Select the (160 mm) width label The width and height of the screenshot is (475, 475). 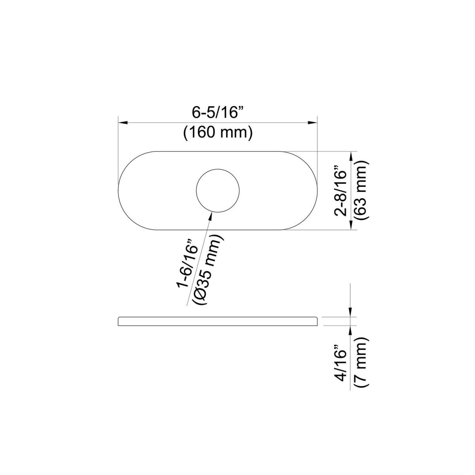point(218,133)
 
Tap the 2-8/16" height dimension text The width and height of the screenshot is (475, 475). point(341,190)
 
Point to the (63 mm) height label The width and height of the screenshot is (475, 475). point(361,190)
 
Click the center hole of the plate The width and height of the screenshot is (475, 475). point(218,191)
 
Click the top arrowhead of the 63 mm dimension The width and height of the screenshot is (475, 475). point(350,156)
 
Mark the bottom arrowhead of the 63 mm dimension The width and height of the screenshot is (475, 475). point(350,225)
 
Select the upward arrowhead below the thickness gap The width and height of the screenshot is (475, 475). point(350,329)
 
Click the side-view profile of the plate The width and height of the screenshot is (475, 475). point(218,321)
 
